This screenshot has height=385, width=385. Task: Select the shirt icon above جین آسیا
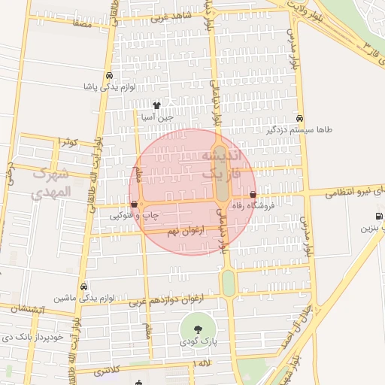pyautogui.click(x=157, y=105)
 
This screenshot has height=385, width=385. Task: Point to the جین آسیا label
pyautogui.click(x=158, y=117)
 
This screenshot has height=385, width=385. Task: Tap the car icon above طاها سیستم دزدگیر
pyautogui.click(x=300, y=118)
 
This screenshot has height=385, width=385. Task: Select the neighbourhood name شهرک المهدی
pyautogui.click(x=51, y=182)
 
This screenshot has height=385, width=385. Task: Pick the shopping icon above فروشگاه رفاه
pyautogui.click(x=262, y=195)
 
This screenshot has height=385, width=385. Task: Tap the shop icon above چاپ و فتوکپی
pyautogui.click(x=135, y=204)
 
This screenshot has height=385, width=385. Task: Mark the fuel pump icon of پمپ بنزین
pyautogui.click(x=377, y=217)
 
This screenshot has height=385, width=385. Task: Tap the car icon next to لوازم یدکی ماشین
pyautogui.click(x=83, y=286)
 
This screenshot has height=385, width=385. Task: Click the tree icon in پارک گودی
pyautogui.click(x=198, y=329)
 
